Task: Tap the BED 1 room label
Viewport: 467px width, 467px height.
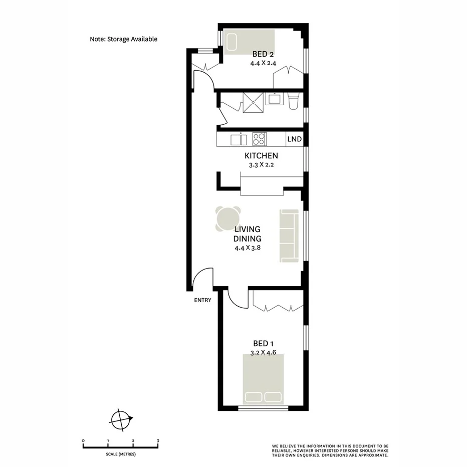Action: [x=264, y=343]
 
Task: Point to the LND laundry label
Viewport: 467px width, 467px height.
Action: [x=295, y=139]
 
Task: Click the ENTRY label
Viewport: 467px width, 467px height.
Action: [x=202, y=301]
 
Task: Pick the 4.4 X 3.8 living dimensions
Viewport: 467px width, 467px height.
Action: [x=248, y=248]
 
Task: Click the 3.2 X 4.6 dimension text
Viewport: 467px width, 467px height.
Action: [x=264, y=352]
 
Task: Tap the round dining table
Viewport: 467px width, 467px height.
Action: [x=228, y=219]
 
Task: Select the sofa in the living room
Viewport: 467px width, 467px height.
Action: [x=289, y=235]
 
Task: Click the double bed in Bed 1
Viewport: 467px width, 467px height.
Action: [x=264, y=379]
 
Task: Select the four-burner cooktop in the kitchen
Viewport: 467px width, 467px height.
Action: [x=260, y=138]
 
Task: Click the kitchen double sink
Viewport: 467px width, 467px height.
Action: [x=239, y=139]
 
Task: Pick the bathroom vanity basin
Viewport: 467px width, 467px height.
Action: [x=274, y=98]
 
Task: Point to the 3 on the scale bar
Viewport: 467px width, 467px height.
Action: [x=158, y=441]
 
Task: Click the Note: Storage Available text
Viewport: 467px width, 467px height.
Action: [x=123, y=39]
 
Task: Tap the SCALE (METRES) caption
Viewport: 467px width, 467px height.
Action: [x=121, y=454]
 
